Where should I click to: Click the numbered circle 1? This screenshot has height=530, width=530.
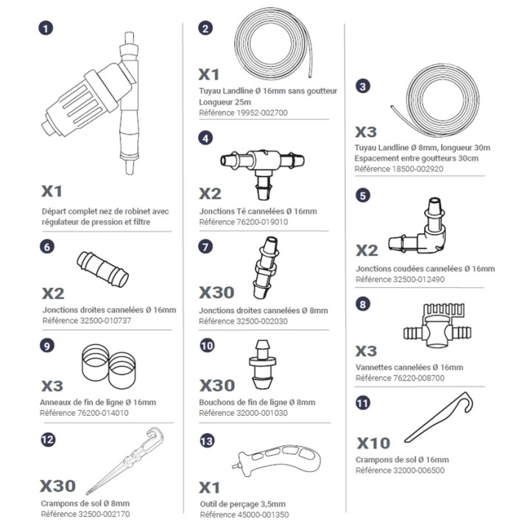[46, 28]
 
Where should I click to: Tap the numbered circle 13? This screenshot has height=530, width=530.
[207, 441]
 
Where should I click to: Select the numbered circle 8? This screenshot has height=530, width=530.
[363, 304]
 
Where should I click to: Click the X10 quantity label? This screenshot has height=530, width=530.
[373, 443]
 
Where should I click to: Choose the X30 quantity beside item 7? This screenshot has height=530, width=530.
[216, 292]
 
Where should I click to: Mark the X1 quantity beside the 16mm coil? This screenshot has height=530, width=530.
[209, 74]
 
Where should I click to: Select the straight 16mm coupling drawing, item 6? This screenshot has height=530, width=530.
[103, 269]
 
